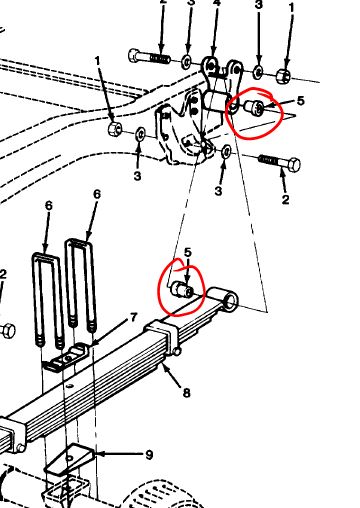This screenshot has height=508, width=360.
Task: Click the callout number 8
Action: (x=186, y=393)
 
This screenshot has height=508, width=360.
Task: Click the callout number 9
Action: (x=149, y=455)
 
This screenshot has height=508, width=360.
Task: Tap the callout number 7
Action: (x=133, y=317)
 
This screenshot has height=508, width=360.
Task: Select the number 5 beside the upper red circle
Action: (x=301, y=101)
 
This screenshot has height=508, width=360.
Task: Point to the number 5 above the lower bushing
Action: (x=188, y=252)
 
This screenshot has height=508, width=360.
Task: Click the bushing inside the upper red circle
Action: (x=255, y=108)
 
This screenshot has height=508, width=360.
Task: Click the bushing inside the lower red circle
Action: (x=182, y=289)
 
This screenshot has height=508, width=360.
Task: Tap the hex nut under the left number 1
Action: (x=115, y=128)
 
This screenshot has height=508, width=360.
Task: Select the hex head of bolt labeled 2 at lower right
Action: (x=293, y=165)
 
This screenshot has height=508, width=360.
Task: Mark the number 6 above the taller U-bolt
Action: (x=97, y=194)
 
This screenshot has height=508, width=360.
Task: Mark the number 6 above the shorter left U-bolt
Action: (x=49, y=206)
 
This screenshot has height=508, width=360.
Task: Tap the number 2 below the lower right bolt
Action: (x=285, y=200)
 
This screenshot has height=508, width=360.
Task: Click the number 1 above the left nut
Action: (x=97, y=61)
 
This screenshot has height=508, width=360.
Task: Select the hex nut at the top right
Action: (x=283, y=76)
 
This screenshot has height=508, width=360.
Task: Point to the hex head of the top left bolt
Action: (x=134, y=55)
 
